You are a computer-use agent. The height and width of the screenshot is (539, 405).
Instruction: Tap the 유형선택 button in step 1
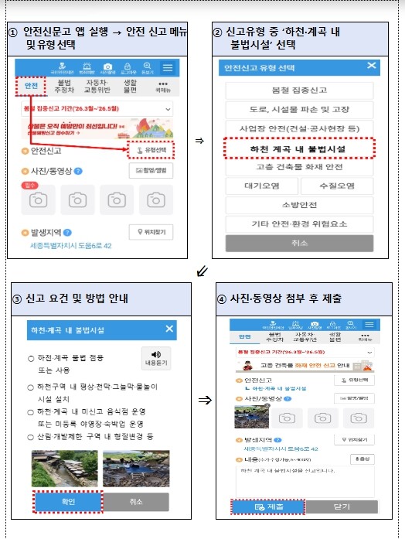[x=151, y=148]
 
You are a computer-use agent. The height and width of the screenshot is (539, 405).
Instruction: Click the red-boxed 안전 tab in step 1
[x=32, y=86]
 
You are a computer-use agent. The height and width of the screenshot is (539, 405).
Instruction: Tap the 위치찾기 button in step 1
[x=151, y=231]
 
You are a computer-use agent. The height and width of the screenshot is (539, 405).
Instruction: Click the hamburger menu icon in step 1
[x=167, y=67]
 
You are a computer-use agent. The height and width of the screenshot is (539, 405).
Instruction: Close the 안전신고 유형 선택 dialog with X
[x=372, y=67]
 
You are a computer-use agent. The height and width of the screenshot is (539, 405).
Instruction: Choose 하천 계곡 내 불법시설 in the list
[x=298, y=147]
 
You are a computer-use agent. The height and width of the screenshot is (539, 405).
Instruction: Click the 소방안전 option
[x=298, y=205]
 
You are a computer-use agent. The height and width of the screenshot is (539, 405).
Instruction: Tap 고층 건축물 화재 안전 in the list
[x=298, y=166]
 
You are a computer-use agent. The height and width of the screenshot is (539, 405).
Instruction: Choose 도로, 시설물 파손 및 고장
[x=298, y=109]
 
